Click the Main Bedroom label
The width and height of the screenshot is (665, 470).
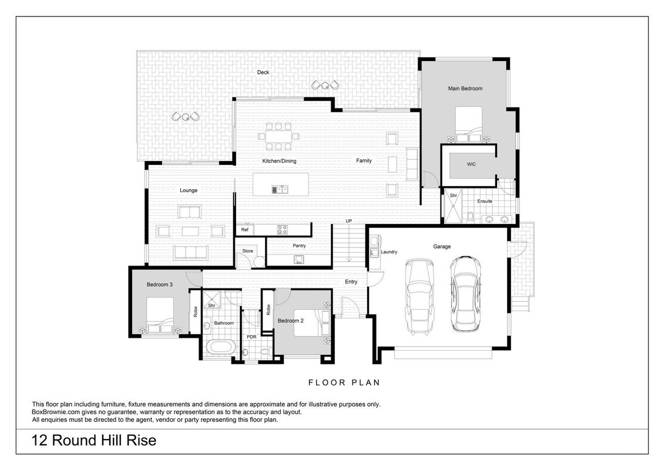(x=465, y=89)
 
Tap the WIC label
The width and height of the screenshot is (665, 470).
(x=471, y=164)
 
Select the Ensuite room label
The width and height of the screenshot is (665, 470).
(x=485, y=201)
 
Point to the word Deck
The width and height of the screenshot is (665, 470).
(x=263, y=72)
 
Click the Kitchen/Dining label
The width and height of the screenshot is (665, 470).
(x=279, y=161)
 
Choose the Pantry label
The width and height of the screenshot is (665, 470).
(x=299, y=246)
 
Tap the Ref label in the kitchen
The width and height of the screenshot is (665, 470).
(x=245, y=230)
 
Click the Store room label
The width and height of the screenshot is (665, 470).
(x=248, y=251)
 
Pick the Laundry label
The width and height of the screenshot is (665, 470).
(x=389, y=252)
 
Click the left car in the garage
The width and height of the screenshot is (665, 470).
(x=420, y=297)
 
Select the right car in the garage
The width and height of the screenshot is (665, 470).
(x=466, y=294)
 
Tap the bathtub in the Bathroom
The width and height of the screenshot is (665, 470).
(x=220, y=347)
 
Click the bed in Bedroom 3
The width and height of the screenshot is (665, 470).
(x=160, y=315)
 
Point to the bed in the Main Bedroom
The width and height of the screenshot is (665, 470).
(x=469, y=124)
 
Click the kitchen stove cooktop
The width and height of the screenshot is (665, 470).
(x=282, y=230)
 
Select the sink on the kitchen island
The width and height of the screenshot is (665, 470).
(x=280, y=190)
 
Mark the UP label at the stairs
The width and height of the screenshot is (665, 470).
(x=348, y=221)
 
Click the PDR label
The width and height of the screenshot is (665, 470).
(x=251, y=337)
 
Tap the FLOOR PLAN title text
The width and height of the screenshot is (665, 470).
(x=344, y=382)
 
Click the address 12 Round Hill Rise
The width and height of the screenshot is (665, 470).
(x=94, y=440)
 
